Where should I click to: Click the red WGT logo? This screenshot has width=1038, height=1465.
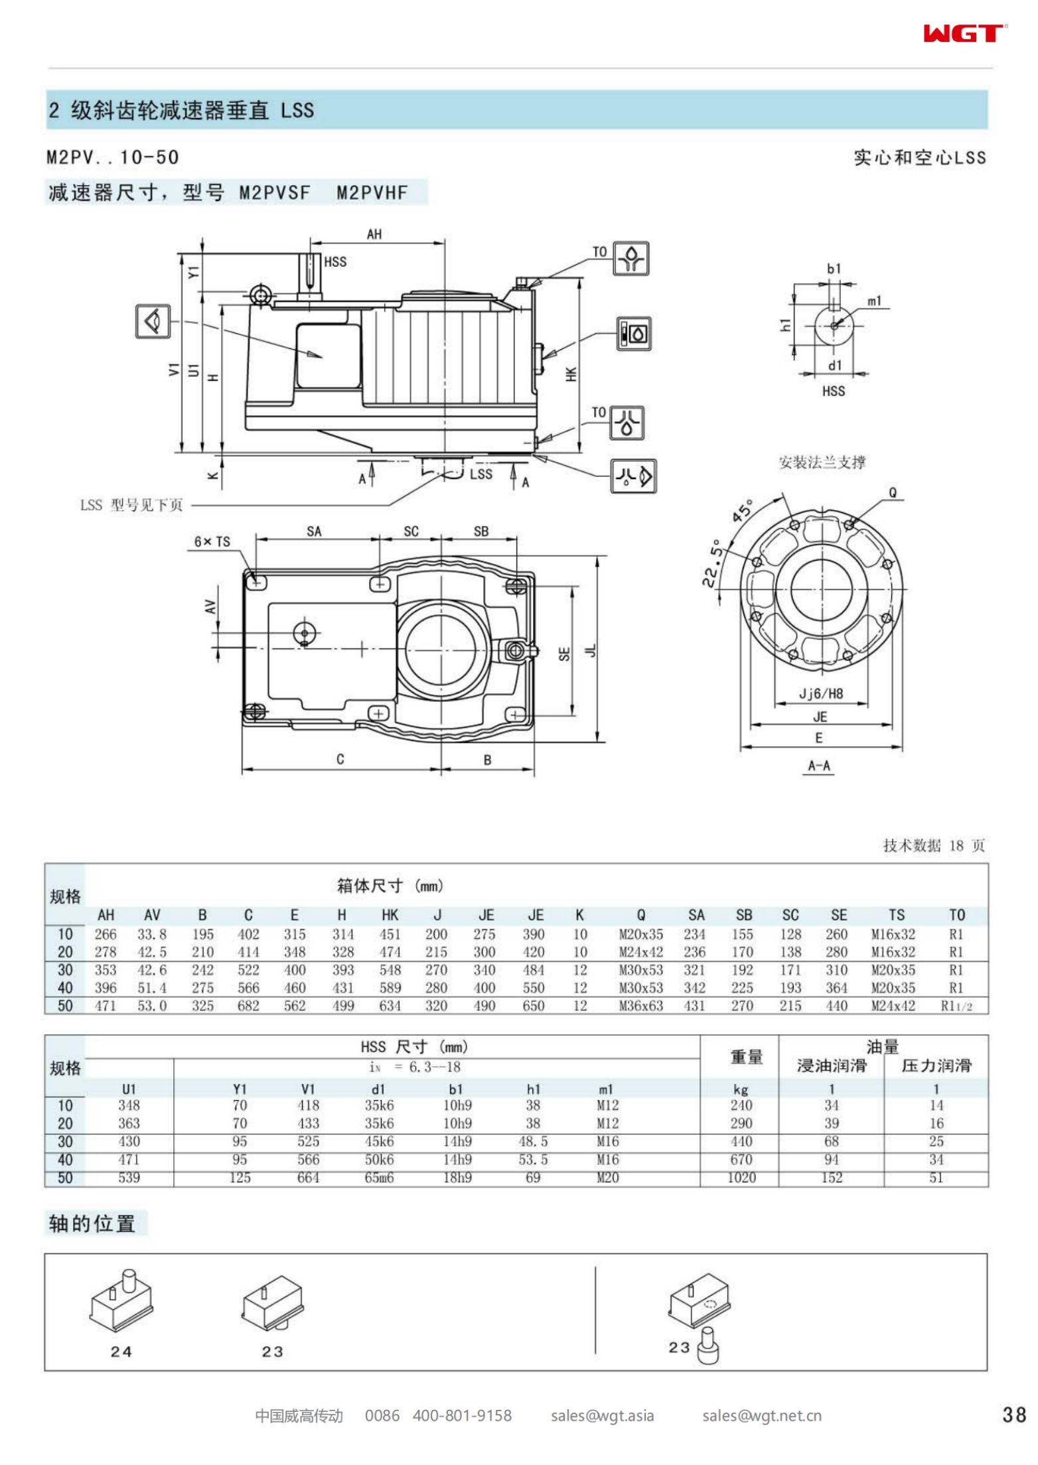click(x=964, y=33)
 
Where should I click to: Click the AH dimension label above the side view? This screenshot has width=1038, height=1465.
click(x=374, y=234)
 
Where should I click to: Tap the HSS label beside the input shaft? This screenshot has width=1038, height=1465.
click(x=335, y=262)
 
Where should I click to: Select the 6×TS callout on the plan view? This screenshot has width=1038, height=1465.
click(x=212, y=541)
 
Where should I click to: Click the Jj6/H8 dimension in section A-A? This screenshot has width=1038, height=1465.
click(x=820, y=694)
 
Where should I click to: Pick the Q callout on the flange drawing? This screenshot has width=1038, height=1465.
click(x=893, y=492)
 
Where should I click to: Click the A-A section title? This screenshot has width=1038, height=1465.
click(x=819, y=766)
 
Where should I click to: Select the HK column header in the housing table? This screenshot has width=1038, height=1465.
click(x=390, y=915)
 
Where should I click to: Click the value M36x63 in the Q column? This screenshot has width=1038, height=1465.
click(x=640, y=1006)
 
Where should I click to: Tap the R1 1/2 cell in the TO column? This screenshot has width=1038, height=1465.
click(x=956, y=1006)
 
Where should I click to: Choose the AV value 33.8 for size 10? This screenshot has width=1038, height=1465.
click(x=152, y=934)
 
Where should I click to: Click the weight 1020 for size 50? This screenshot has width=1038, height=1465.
click(x=741, y=1177)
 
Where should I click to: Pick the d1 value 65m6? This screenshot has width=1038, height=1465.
click(x=379, y=1177)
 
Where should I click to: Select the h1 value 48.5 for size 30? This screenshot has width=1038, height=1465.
click(x=533, y=1141)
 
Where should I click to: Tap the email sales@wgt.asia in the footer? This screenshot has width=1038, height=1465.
click(x=602, y=1415)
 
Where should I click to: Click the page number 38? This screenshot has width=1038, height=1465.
click(x=1014, y=1415)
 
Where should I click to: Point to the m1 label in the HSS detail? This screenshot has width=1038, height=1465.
click(x=874, y=301)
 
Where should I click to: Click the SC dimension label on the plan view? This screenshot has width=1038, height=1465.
click(x=411, y=531)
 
